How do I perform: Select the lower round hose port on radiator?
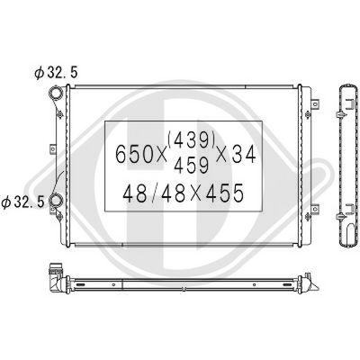point(56,202)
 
